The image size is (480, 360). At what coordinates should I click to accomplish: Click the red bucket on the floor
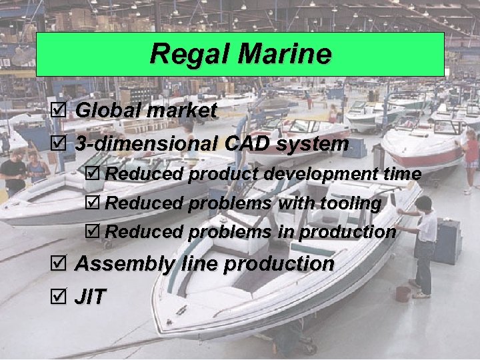[x=402, y=293]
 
